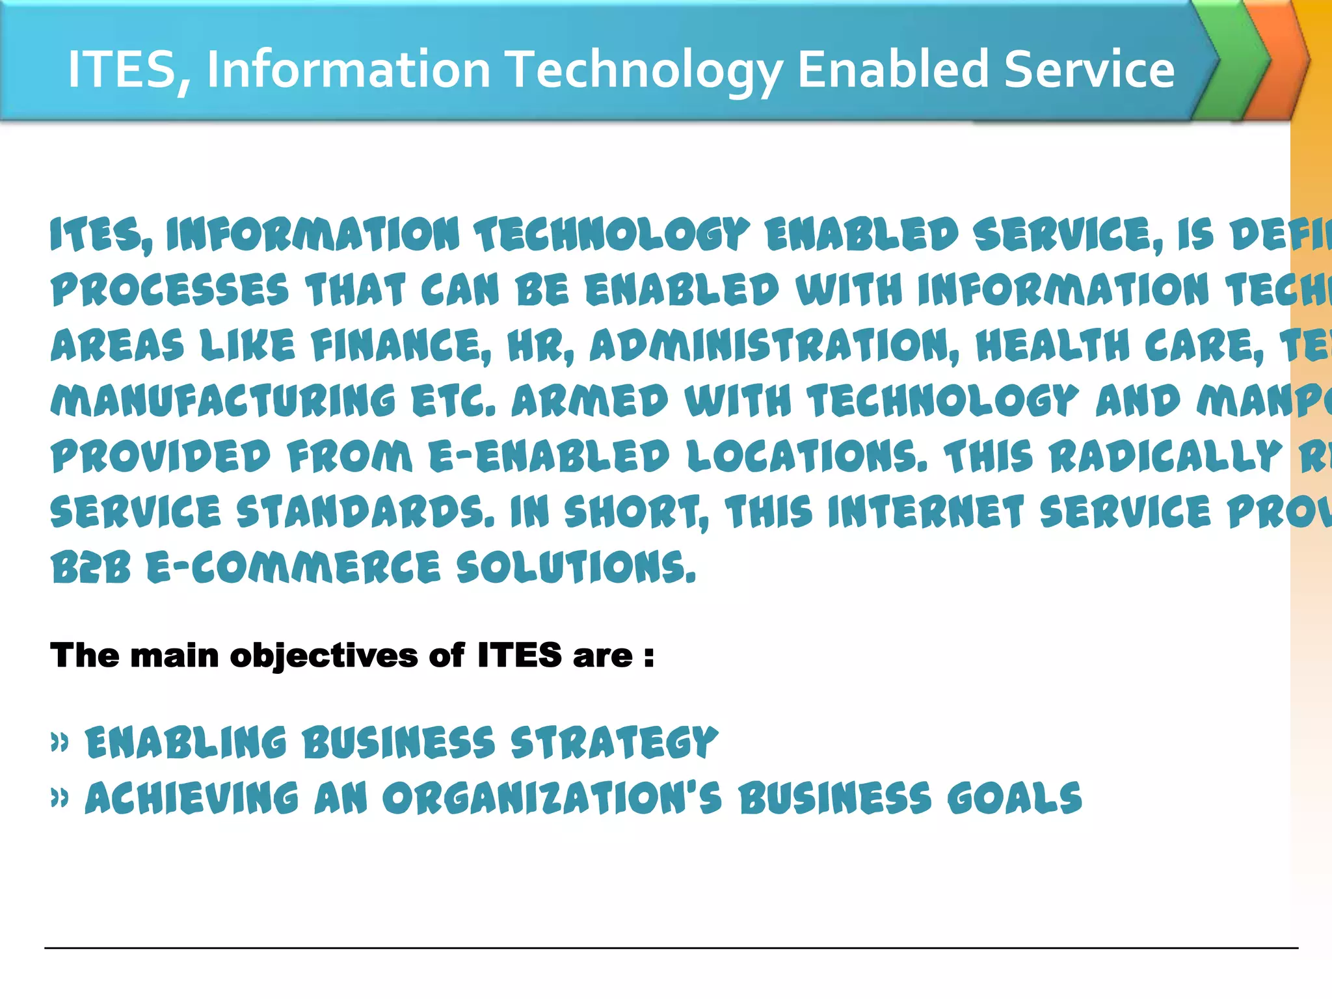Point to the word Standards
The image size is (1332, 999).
pos(365,511)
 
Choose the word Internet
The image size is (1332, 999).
pos(926,511)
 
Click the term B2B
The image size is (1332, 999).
pos(91,567)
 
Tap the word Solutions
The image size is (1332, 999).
pos(576,567)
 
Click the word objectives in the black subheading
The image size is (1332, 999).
pos(324,655)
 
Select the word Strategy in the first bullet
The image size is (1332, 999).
pos(615,743)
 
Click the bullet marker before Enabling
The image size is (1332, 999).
pos(60,742)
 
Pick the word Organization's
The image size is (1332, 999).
pos(552,799)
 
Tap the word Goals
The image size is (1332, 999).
pos(1015,799)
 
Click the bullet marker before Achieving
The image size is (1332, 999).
pos(60,798)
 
